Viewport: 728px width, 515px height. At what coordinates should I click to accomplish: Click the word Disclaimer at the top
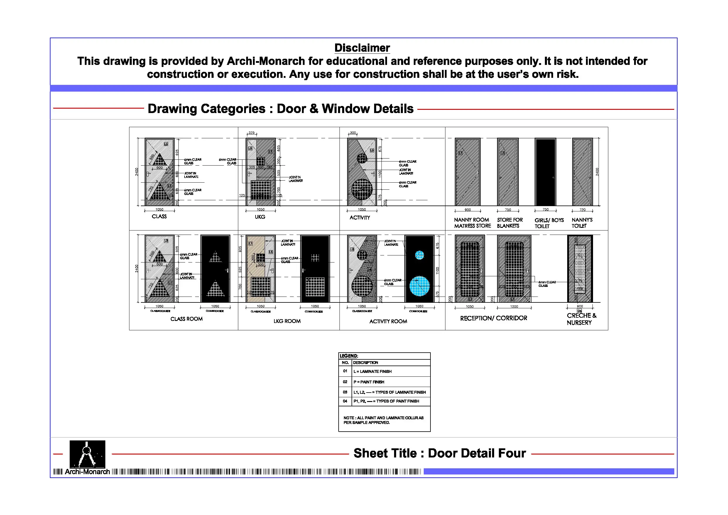pos(362,48)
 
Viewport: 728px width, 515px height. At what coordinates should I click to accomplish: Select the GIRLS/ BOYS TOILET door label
pos(549,223)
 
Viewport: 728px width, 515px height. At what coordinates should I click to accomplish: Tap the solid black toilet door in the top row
pos(545,172)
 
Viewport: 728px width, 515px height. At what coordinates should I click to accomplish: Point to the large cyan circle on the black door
pos(419,286)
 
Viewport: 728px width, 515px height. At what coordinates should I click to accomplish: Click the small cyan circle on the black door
pos(419,255)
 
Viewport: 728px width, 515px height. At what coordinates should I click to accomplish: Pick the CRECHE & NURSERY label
pos(581,319)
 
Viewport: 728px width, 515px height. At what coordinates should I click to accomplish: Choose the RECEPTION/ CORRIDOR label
pos(493,318)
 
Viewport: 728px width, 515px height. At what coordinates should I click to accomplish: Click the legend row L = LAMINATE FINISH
pos(372,371)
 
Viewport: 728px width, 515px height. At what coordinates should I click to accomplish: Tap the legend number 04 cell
pos(345,401)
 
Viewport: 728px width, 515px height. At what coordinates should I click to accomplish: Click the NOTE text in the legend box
pos(383,420)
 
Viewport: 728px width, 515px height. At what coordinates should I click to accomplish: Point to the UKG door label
pos(260,217)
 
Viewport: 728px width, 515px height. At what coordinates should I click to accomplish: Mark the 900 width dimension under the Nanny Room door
pos(467,210)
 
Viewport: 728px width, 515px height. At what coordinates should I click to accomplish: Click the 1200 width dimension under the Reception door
pos(514,306)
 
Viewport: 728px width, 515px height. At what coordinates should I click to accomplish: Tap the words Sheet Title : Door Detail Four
pos(440,453)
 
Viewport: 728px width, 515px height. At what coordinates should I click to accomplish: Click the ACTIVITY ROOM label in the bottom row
pos(388,321)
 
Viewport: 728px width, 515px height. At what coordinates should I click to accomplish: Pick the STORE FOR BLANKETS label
pos(509,223)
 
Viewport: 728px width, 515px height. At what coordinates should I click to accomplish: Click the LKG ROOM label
pos(287,321)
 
